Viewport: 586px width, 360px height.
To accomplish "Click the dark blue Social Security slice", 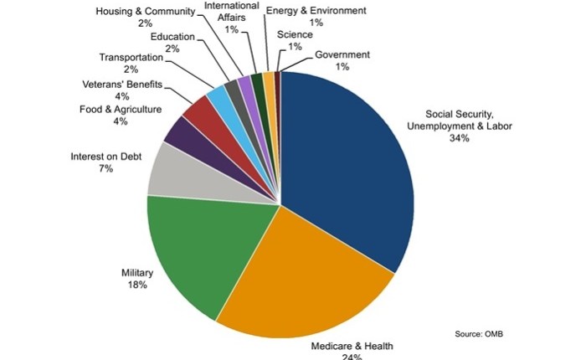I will (x=352, y=159).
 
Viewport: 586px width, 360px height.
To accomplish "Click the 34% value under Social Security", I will (x=459, y=138).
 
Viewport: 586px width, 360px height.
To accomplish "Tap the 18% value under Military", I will (x=138, y=285).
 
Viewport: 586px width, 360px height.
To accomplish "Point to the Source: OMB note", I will (x=479, y=334).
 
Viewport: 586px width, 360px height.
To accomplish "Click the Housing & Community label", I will (x=145, y=12).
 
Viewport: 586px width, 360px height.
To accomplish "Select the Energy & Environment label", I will (x=316, y=11).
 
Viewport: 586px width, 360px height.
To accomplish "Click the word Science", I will (x=295, y=35).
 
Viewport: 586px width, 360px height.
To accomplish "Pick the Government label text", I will (x=343, y=54).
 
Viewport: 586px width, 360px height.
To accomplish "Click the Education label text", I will (x=172, y=37).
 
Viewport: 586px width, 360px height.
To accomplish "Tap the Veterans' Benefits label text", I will (x=122, y=85).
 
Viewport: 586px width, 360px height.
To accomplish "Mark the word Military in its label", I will (x=138, y=272).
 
